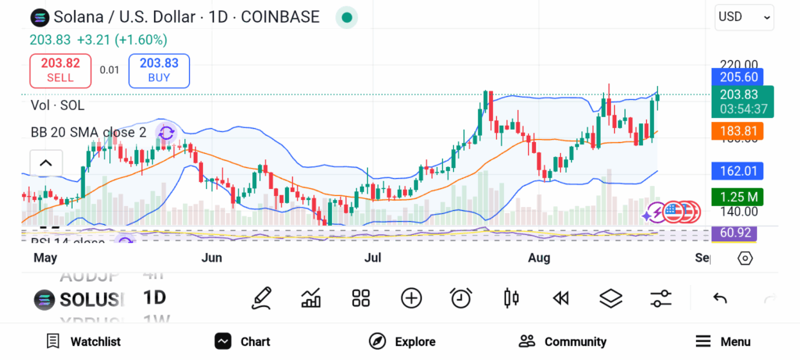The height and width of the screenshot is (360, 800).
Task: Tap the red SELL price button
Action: [x=60, y=70]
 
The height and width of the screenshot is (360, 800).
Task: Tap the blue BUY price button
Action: [x=159, y=70]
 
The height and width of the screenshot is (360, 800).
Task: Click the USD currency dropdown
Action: [x=745, y=16]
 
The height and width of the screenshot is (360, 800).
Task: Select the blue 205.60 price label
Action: [x=737, y=77]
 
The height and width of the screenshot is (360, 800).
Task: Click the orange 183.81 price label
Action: [x=737, y=131]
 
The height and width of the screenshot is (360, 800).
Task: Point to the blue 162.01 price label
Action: [x=737, y=170]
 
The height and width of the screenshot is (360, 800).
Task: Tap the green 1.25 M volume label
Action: [x=737, y=196]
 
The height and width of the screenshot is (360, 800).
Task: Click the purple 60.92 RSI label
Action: [x=734, y=233]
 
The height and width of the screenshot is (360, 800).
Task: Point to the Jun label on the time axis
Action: [x=212, y=258]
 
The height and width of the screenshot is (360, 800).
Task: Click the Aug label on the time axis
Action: [x=538, y=258]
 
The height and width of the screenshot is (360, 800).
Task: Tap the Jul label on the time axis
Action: [x=373, y=258]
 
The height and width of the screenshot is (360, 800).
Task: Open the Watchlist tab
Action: [x=84, y=341]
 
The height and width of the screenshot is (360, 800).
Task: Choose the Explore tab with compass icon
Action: [x=402, y=341]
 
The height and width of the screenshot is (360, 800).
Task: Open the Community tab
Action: [x=562, y=341]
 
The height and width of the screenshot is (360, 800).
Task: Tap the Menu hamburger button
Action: [x=723, y=341]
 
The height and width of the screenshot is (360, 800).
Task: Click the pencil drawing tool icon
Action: [x=262, y=298]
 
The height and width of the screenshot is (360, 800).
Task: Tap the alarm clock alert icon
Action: [x=461, y=298]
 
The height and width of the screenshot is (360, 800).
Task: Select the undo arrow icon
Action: [x=720, y=298]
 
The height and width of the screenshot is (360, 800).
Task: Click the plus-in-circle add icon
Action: [x=411, y=298]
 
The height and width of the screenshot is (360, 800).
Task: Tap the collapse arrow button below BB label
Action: [x=45, y=163]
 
